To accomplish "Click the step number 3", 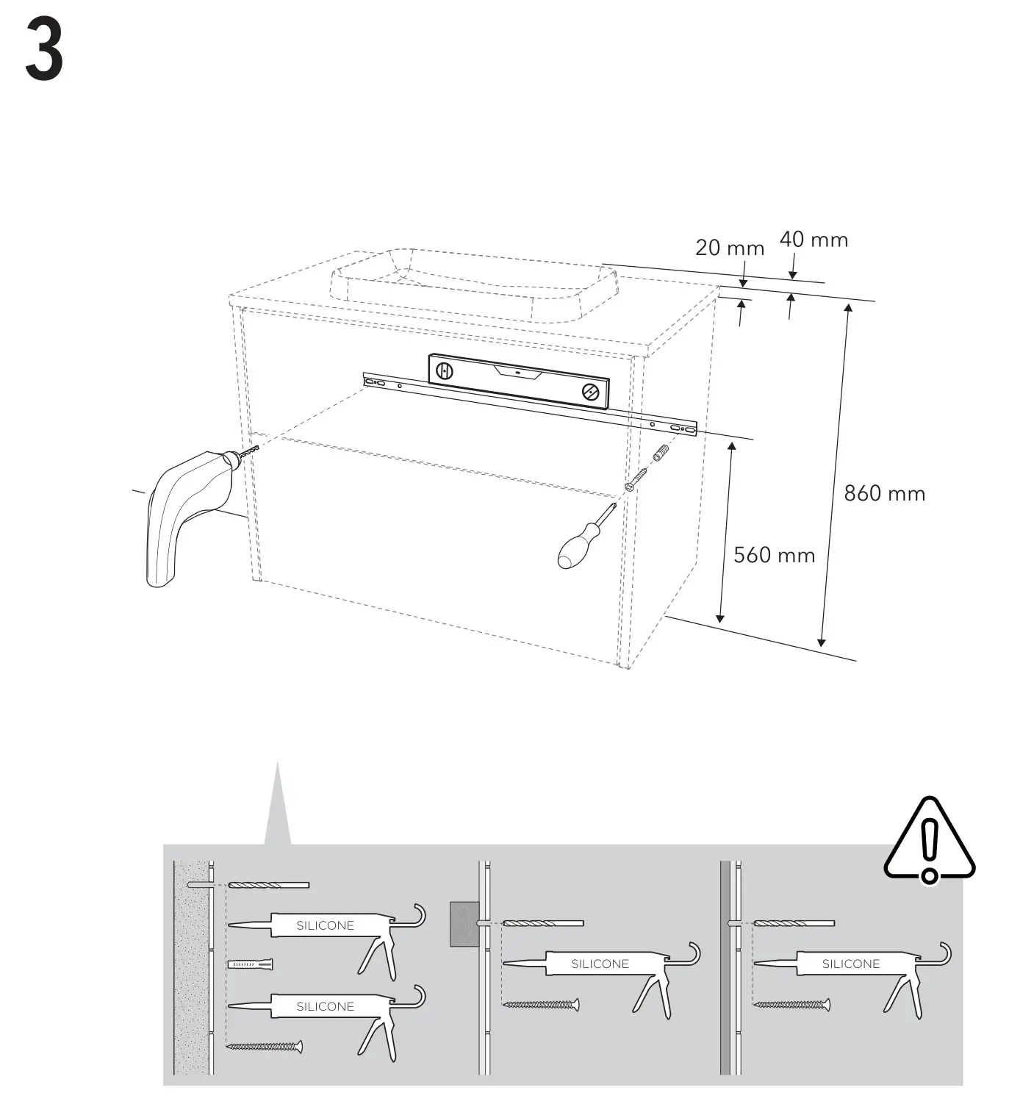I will tap(44, 50).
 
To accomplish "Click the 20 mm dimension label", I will tap(729, 248).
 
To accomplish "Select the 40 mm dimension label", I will tap(814, 240).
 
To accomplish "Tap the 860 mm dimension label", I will tap(884, 493).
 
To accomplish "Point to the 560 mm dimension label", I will tap(774, 555).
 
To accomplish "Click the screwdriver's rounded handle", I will tap(573, 551).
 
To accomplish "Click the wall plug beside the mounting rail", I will tap(659, 453).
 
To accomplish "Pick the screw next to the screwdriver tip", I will tap(636, 479).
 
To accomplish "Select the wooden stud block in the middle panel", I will tap(462, 923).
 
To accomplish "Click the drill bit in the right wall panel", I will tap(794, 922).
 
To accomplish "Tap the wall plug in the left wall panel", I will tap(251, 964).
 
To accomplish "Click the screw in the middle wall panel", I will tap(540, 1004).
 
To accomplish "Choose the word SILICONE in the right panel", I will tap(850, 964).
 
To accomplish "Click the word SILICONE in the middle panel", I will tap(600, 964).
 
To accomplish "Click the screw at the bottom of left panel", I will tap(265, 1046).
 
